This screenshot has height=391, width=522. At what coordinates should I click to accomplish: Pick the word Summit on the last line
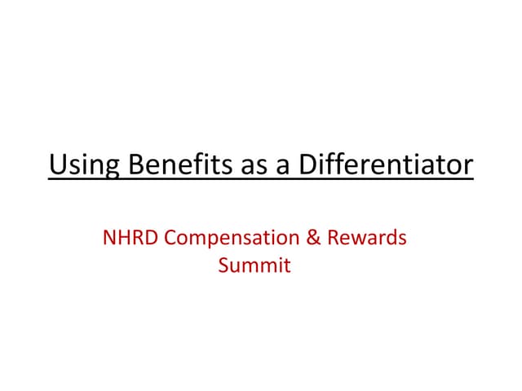point(254,266)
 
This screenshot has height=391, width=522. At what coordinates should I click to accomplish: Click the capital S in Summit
point(224,266)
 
